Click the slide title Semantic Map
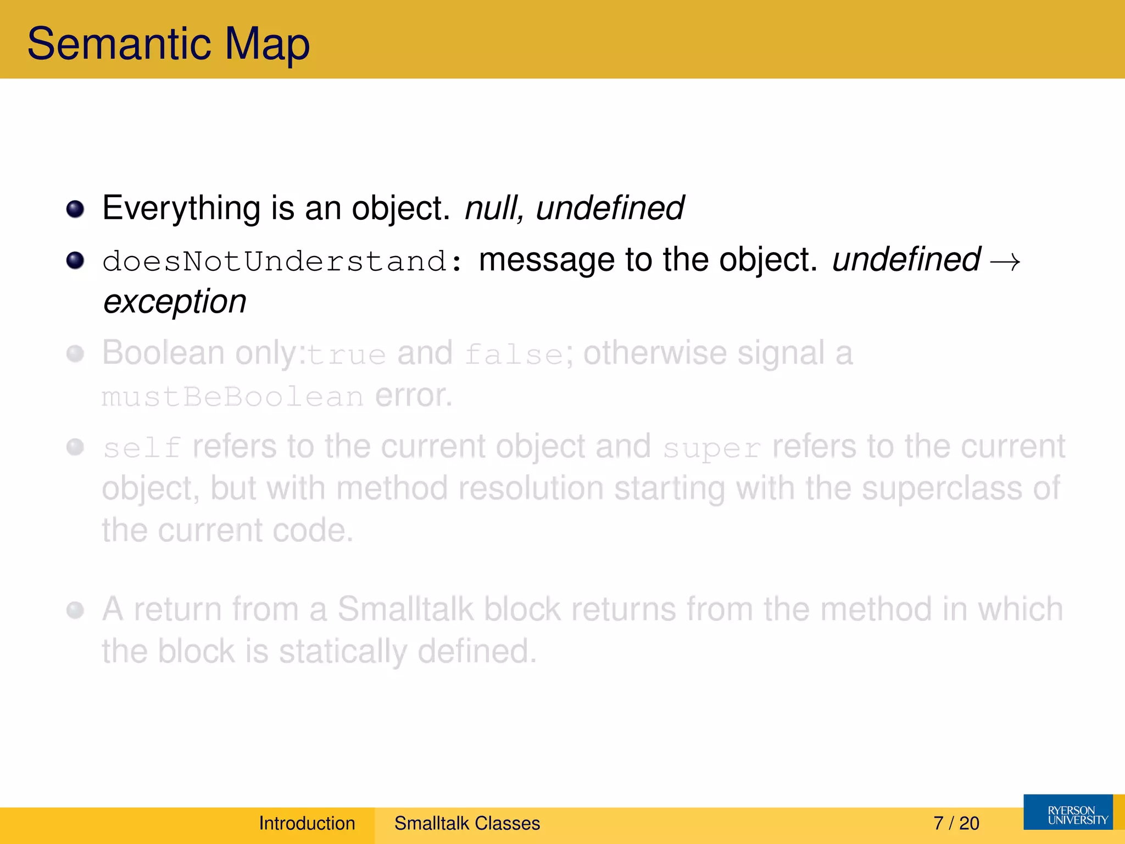coord(168,44)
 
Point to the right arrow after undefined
coord(1005,262)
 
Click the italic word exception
coord(175,302)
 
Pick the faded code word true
coord(346,354)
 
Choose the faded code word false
coord(514,354)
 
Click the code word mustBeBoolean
coord(232,397)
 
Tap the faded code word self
coord(142,448)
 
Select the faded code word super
coord(711,448)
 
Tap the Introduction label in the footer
coord(307,823)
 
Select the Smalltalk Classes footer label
coord(467,823)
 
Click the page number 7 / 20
coord(956,823)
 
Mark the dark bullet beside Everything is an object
coord(75,209)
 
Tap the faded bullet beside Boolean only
coord(75,353)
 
